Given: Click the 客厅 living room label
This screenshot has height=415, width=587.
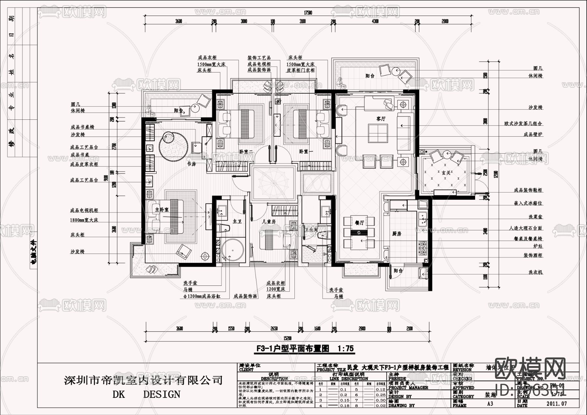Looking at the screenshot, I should click(381, 119).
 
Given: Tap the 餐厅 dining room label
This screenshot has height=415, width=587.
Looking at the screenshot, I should click(359, 223).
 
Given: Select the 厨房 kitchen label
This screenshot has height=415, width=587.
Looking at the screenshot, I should click(397, 234).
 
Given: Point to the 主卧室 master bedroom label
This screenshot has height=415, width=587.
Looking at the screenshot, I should click(162, 210).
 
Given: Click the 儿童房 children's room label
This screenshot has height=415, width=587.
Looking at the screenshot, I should click(269, 221).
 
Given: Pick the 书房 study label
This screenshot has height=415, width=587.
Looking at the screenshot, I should click(191, 164).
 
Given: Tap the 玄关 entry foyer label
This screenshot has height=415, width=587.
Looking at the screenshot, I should click(446, 173).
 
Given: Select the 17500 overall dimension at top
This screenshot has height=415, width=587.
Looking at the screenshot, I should click(308, 13).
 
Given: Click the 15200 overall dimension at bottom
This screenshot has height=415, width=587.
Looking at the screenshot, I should click(287, 338).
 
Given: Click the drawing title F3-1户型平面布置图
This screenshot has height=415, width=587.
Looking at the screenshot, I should click(304, 348).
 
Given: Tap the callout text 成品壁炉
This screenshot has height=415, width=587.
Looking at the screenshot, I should click(533, 134).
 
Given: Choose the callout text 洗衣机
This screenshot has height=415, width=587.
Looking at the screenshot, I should click(535, 272).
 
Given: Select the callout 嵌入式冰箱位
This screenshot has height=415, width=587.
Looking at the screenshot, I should click(528, 203).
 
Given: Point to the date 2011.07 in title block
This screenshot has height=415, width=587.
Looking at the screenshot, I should click(556, 404).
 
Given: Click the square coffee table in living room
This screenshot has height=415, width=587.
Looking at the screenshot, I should click(378, 133).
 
